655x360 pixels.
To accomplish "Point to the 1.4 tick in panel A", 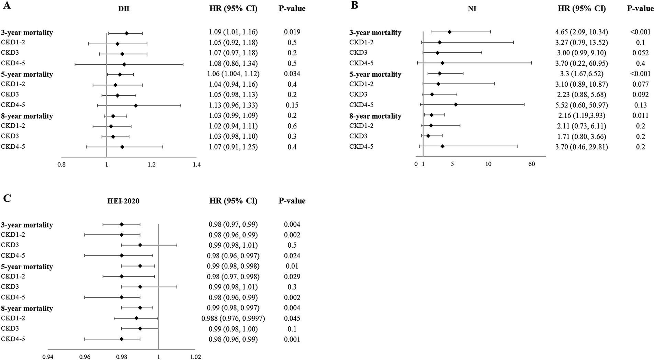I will coord(196,165).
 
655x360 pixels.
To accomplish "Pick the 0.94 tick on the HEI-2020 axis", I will coord(48,357).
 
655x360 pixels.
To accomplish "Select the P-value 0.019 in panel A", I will coord(292,32).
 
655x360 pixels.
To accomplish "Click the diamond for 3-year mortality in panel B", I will coord(449,32).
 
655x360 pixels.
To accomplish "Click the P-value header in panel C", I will coord(292,201).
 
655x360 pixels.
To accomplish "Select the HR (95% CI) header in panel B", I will coord(582,9).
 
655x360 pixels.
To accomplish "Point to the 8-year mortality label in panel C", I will coord(27,308).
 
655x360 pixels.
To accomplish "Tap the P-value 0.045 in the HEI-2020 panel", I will coord(292,318).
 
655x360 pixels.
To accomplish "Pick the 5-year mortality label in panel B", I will coord(375,74).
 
